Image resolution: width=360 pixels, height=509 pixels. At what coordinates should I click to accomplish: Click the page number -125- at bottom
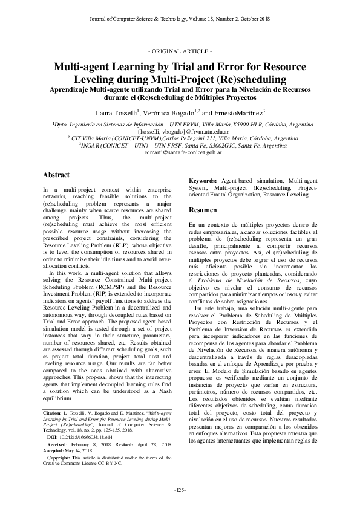(x=180, y=489)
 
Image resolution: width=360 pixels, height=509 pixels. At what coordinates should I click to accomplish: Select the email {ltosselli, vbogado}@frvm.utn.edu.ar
(x=180, y=131)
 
